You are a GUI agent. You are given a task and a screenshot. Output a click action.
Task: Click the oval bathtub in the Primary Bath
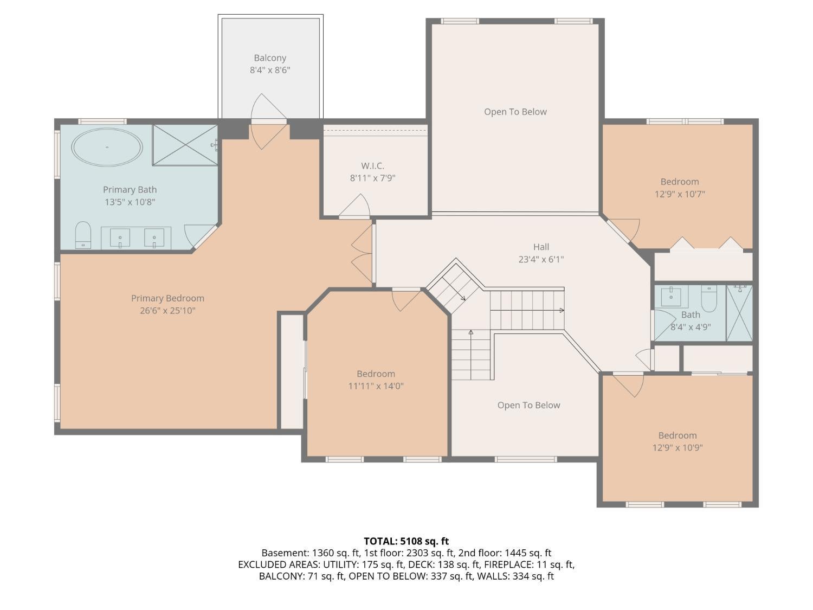tap(107, 147)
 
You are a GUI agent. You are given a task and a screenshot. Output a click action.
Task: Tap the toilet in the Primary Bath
tap(83, 234)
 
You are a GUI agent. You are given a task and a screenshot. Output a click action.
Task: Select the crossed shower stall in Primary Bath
tap(185, 145)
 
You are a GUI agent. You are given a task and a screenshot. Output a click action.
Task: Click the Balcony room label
tap(270, 58)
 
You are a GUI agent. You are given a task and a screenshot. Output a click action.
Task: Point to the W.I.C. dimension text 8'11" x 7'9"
tap(372, 178)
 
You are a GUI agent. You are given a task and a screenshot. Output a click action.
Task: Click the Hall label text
tap(540, 247)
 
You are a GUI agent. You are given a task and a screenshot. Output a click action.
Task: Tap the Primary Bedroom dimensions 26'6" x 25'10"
tap(167, 311)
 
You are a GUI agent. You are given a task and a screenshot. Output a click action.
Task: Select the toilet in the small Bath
tap(709, 297)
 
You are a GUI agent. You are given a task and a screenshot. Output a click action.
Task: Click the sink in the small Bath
tap(671, 296)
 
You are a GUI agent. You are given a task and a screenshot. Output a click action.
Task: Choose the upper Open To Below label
tap(515, 112)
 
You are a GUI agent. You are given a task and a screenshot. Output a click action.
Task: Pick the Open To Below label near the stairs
tap(528, 405)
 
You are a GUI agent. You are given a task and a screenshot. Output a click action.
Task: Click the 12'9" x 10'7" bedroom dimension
tap(679, 194)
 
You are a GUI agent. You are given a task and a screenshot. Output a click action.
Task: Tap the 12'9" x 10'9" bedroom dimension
tap(677, 448)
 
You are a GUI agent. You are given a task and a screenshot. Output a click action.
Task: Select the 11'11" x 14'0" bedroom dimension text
tap(376, 386)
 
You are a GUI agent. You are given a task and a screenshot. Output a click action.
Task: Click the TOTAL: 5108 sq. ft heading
tap(406, 541)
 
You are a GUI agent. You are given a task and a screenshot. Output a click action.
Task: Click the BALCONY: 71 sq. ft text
tap(301, 576)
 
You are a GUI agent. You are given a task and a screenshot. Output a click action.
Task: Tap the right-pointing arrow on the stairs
tap(562, 311)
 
